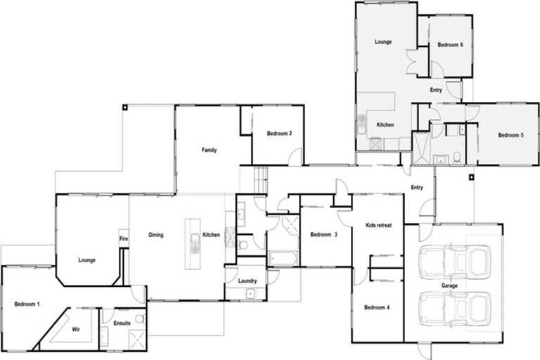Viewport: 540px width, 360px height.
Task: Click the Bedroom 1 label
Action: (x=27, y=304)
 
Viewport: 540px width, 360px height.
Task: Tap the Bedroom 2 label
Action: (x=279, y=134)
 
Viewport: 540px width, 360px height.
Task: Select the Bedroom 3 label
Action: (x=323, y=234)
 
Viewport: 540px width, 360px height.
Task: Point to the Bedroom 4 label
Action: (x=377, y=307)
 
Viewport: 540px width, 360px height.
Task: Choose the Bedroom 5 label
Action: (x=511, y=135)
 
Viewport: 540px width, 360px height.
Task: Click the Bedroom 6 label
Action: (x=450, y=44)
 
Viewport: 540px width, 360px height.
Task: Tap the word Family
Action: (x=209, y=150)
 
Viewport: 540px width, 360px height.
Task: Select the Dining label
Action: (x=156, y=235)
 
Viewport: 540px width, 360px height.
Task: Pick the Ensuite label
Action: (x=123, y=323)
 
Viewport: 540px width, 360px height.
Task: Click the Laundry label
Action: (x=247, y=281)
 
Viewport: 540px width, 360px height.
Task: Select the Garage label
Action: (x=449, y=286)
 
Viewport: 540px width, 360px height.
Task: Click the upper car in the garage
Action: (x=454, y=261)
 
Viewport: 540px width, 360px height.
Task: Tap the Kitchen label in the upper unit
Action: (x=385, y=124)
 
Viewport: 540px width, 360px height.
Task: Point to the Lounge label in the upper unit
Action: (x=383, y=42)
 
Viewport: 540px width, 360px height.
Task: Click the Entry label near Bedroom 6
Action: (x=436, y=90)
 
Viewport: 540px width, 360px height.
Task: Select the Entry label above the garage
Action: (x=416, y=187)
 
